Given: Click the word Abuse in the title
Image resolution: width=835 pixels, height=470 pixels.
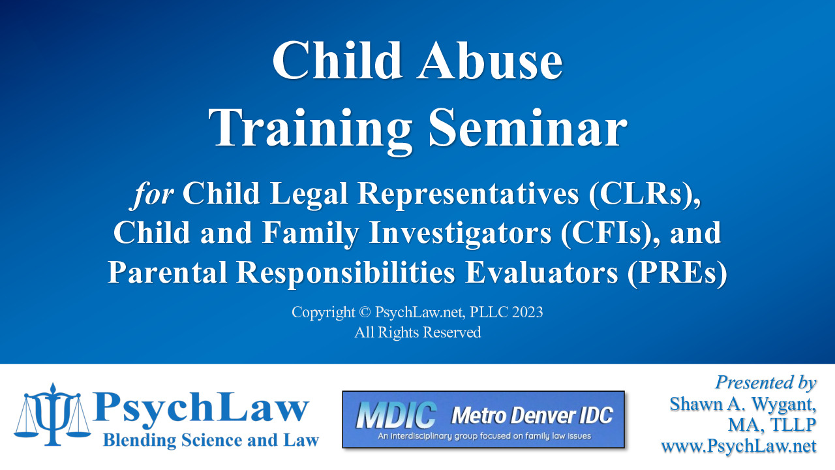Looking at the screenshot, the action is tap(489, 60).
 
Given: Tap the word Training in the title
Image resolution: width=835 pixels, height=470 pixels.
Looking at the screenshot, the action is tap(310, 131).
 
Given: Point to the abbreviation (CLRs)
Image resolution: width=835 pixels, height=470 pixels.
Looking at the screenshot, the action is tap(645, 194).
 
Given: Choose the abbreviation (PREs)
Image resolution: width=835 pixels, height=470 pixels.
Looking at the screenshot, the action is tap(677, 273).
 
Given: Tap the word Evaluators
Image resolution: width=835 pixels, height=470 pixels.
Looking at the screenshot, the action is tap(541, 272).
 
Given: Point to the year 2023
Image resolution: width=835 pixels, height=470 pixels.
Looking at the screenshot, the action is tap(527, 312).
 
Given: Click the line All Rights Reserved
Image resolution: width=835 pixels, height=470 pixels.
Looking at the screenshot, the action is tap(417, 332).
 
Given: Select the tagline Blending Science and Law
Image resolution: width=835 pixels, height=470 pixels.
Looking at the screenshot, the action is tap(211, 441).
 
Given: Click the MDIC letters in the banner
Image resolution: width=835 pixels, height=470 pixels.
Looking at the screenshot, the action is tap(395, 415).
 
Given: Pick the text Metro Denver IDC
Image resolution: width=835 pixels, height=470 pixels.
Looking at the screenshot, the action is tap(532, 415).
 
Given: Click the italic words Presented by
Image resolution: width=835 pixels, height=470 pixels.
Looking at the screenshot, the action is tap(766, 383).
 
